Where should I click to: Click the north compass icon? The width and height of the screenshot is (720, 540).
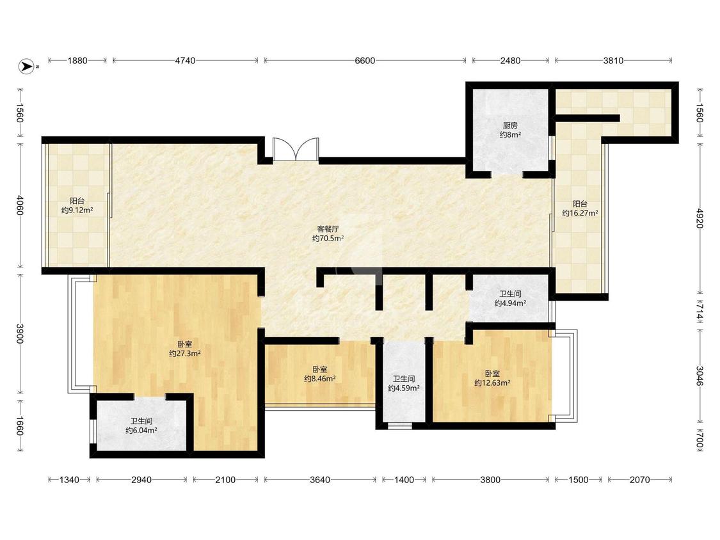pos(26,67)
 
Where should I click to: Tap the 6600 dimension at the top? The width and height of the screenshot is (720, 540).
pos(365,61)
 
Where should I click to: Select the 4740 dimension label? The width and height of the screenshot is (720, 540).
pos(184,61)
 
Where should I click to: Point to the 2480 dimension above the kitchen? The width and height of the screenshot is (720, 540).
pos(510,61)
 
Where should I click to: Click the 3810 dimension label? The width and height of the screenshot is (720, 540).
pos(613,61)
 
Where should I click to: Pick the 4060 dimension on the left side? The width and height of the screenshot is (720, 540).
pos(20,205)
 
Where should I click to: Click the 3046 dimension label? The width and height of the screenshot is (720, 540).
pos(699,376)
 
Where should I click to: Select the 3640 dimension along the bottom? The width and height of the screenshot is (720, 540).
pos(319,480)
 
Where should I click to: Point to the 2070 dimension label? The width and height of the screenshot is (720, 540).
pos(639,480)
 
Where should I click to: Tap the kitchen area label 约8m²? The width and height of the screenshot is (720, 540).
pos(510,135)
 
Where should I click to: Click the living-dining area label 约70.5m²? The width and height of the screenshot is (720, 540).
pos(328,238)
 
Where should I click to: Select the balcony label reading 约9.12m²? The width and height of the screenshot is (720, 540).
pos(77,210)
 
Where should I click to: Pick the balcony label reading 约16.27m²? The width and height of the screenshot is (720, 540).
pos(580,214)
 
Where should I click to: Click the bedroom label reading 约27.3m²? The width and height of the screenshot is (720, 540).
pos(184,354)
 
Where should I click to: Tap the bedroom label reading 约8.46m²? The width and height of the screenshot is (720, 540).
pos(319,379)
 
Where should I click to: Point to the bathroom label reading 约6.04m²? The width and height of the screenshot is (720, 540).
pos(141,430)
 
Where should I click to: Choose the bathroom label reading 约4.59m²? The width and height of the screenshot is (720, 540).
pos(404,388)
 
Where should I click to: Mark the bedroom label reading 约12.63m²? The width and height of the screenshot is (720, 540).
pos(492,383)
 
